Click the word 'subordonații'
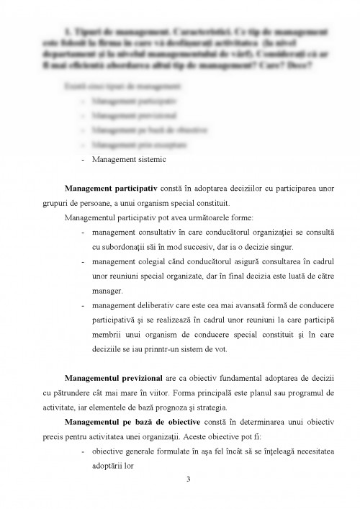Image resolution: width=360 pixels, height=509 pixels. click(x=122, y=246)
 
